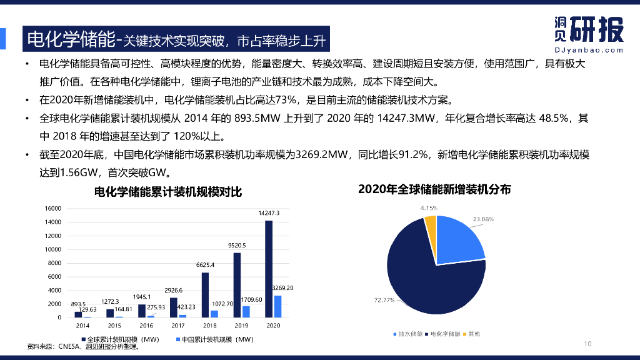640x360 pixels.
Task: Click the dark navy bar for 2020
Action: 269,269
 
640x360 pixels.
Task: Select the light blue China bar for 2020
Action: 277,306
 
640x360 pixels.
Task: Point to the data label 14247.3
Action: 269,213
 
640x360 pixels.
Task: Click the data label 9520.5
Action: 236,246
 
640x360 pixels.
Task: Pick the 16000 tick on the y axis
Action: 52,209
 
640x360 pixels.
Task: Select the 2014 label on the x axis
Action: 82,326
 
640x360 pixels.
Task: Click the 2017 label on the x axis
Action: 178,326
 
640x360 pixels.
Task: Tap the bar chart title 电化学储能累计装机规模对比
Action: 167,192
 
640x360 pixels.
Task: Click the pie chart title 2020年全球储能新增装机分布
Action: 434,189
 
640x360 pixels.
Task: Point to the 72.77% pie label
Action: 384,301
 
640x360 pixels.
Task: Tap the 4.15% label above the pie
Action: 429,207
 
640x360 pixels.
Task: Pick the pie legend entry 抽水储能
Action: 410,334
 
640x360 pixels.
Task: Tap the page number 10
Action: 587,344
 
